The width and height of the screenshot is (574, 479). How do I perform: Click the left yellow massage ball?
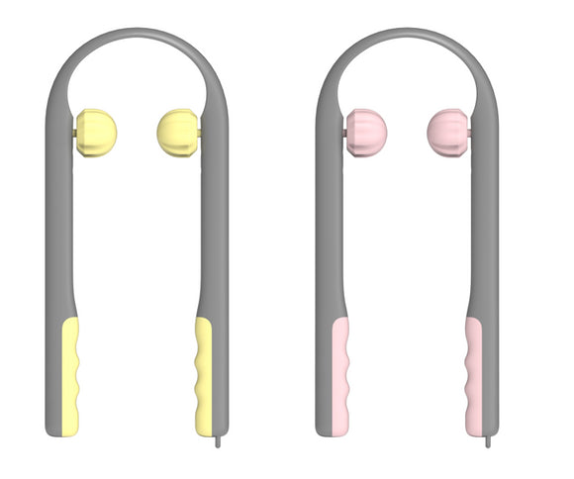(x=97, y=132)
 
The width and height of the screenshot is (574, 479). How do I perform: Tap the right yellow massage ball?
(x=177, y=132)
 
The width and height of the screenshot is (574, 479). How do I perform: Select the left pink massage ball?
(x=366, y=132)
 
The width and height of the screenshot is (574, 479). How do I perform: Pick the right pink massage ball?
(x=446, y=132)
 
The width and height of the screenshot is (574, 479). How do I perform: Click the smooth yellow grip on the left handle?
(x=70, y=376)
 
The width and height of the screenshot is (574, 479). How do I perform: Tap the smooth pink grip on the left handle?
(x=339, y=376)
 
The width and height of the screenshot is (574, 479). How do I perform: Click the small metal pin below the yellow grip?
(x=217, y=441)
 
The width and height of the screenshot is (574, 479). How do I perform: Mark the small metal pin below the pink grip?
(x=487, y=441)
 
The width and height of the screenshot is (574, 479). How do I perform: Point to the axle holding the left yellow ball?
(x=75, y=132)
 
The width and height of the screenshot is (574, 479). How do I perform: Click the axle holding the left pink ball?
(x=344, y=132)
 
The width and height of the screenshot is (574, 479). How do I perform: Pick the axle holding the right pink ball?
(x=469, y=132)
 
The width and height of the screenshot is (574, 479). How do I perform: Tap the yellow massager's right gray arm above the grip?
(x=214, y=228)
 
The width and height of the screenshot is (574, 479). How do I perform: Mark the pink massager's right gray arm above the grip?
(x=484, y=228)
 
